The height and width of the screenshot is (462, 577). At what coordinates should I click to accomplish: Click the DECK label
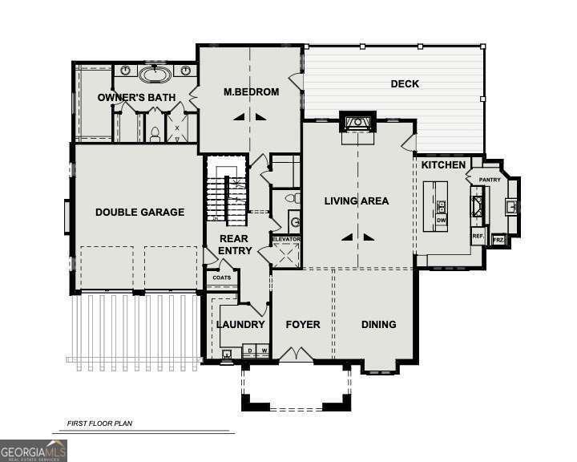405,83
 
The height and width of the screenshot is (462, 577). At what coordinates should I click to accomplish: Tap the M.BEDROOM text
251,92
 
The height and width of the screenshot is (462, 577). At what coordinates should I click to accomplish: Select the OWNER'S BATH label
136,98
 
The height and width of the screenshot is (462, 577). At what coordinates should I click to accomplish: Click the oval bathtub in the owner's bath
154,75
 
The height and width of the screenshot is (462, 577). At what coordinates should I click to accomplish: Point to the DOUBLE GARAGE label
139,213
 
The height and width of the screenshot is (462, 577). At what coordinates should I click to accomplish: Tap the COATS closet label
221,278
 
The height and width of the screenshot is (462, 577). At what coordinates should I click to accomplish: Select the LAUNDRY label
240,325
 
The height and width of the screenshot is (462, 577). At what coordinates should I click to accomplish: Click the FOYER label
303,325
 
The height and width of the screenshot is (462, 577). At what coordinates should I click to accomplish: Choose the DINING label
378,325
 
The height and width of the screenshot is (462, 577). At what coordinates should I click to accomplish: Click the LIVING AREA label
357,201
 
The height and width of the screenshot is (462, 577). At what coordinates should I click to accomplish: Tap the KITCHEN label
443,164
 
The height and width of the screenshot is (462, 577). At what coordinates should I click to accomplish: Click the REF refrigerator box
478,237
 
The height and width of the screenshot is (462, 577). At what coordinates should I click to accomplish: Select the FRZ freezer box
498,240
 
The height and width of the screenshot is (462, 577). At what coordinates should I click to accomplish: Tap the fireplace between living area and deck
355,124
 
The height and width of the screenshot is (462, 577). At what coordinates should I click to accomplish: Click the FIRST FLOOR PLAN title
99,423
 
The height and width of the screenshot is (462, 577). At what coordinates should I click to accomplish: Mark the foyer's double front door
295,355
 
